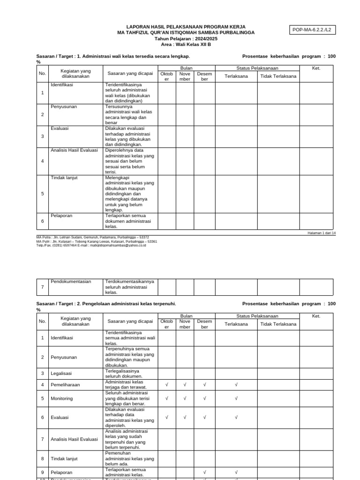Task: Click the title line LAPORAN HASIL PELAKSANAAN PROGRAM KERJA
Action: (x=186, y=27)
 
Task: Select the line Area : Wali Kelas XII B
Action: (x=186, y=45)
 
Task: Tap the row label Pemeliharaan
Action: (x=65, y=385)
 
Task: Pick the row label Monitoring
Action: (x=62, y=398)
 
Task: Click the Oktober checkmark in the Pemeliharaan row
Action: (x=167, y=385)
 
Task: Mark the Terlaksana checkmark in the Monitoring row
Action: (x=236, y=398)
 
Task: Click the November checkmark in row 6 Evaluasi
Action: (x=185, y=417)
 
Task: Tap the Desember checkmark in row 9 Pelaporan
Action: (x=204, y=472)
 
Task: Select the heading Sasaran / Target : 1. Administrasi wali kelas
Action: (x=112, y=56)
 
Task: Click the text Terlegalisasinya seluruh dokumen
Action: (x=124, y=373)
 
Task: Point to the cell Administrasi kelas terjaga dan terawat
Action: (x=126, y=385)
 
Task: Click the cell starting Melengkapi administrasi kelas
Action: (x=129, y=194)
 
